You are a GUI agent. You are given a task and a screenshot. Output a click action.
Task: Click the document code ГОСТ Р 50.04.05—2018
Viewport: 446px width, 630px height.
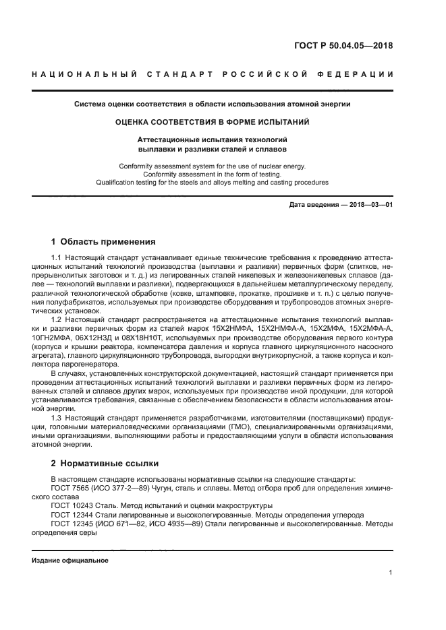[343, 46]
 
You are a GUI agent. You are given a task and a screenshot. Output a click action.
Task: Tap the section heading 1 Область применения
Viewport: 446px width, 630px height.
[103, 241]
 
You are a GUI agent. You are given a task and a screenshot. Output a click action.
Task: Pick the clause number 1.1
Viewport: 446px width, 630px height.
[57, 258]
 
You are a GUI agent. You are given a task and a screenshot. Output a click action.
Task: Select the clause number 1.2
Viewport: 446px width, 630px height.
[57, 319]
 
